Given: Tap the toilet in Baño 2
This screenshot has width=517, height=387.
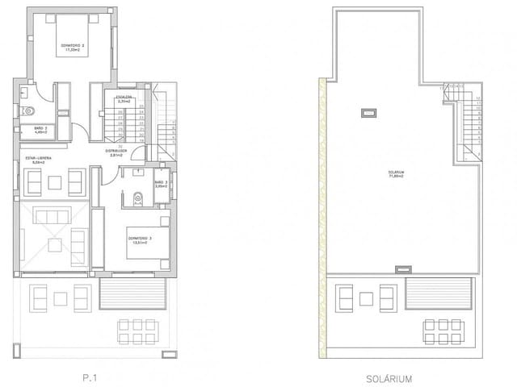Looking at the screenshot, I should point(28,111).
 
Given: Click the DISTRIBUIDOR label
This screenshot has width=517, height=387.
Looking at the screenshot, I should point(118,152).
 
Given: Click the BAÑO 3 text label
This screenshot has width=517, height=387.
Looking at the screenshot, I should point(160,185).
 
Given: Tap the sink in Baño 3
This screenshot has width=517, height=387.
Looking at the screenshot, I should point(139,172).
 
